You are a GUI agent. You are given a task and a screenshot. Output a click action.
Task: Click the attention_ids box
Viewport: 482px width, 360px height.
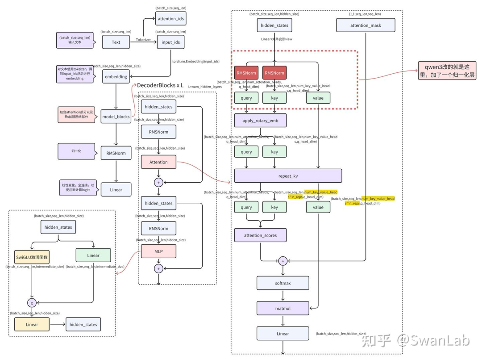click(x=170, y=18)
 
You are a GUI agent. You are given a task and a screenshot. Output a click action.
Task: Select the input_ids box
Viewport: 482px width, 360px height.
click(x=170, y=42)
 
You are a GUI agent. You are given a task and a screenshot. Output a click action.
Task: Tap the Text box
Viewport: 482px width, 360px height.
click(x=116, y=42)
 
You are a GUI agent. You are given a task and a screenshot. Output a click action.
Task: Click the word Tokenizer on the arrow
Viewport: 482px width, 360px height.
click(x=143, y=40)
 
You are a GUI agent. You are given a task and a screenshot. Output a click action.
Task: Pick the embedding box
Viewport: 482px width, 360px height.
click(x=116, y=76)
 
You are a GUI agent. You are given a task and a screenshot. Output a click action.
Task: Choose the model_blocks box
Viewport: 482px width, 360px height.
click(x=116, y=117)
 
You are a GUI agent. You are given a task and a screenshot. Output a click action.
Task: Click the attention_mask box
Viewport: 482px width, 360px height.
click(x=366, y=25)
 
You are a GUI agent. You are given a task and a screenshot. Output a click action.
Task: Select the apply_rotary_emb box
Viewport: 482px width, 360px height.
click(x=260, y=121)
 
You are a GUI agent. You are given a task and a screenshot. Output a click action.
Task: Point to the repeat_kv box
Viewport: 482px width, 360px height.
click(x=288, y=176)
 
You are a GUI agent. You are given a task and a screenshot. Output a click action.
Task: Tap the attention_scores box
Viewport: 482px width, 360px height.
click(x=260, y=235)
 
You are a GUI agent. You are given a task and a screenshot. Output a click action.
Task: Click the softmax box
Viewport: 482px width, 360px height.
click(x=283, y=283)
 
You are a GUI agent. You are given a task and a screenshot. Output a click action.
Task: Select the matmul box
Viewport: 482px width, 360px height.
click(x=283, y=308)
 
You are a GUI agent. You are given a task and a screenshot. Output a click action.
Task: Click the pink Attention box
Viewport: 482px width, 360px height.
click(x=158, y=162)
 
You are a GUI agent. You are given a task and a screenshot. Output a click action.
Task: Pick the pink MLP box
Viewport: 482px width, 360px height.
click(x=158, y=251)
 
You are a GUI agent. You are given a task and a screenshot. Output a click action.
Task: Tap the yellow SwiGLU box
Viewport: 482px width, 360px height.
click(x=32, y=257)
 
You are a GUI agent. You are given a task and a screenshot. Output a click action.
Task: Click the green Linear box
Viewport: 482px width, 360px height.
click(x=93, y=255)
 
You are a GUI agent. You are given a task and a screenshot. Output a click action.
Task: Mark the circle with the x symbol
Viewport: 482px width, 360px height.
click(x=32, y=303)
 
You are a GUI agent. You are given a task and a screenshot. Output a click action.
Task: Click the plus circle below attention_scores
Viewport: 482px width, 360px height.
click(x=283, y=261)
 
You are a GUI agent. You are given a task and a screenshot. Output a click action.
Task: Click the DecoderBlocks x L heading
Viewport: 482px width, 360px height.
click(x=160, y=85)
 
